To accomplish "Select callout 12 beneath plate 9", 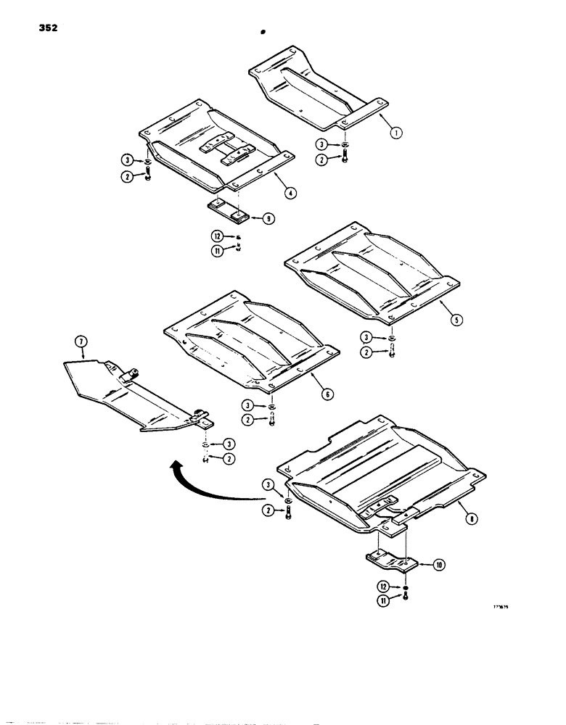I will click(218, 236).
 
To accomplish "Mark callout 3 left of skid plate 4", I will click(126, 160).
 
